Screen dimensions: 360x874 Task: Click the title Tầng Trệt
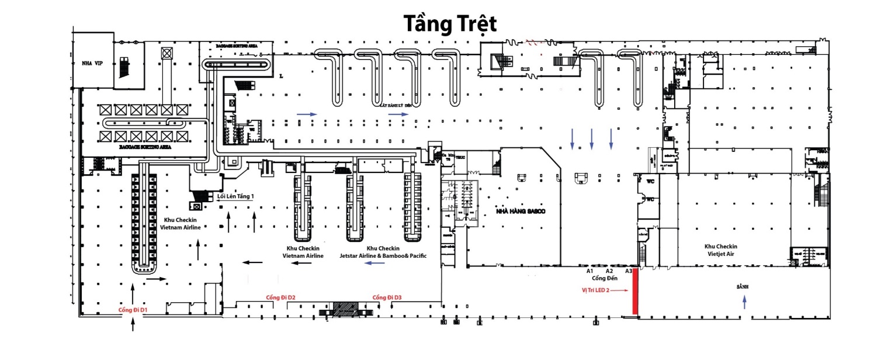(449, 25)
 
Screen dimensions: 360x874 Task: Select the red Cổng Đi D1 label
(133, 310)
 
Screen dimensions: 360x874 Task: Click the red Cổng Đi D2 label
(280, 298)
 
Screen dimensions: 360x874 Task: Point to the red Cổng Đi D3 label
(387, 298)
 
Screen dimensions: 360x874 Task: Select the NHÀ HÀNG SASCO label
(520, 210)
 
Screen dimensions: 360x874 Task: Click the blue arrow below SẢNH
(744, 302)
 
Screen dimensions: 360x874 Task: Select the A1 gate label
(590, 271)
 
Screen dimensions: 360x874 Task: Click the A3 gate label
(629, 271)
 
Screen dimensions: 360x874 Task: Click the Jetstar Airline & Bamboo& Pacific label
(383, 256)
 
